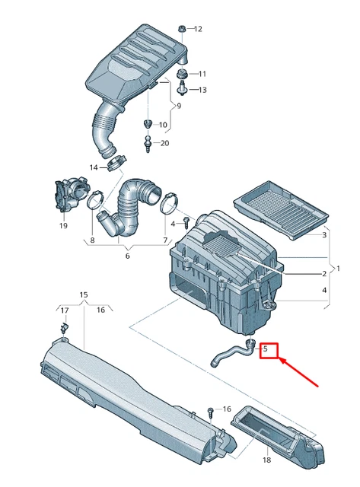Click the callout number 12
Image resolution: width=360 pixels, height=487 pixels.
pos(198,29)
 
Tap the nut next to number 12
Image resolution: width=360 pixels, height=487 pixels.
pos(182,29)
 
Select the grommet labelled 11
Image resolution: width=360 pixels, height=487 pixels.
pos(181,75)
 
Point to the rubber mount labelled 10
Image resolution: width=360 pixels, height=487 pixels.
pos(148,123)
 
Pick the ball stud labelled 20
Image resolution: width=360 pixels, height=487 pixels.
pos(148,142)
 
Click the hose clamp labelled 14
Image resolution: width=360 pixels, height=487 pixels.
pos(116,163)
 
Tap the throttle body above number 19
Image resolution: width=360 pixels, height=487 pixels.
pos(69,195)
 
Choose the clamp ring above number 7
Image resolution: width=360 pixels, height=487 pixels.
pos(170,203)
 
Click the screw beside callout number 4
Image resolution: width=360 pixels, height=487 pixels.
pos(186,223)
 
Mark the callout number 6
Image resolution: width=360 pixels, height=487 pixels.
pos(127,256)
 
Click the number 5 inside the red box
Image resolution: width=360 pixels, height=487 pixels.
pos(265,349)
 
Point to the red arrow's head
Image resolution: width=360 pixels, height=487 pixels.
pos(281,360)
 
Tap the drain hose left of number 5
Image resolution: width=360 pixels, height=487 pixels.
pos(233,352)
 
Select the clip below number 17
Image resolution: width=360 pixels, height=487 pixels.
pos(65,328)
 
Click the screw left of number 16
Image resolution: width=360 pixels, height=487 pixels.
pos(211,412)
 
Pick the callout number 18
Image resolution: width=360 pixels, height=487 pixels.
pos(266,460)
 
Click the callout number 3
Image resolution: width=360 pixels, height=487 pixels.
pos(324,235)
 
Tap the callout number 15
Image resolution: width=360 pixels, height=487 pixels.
pos(84,294)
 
